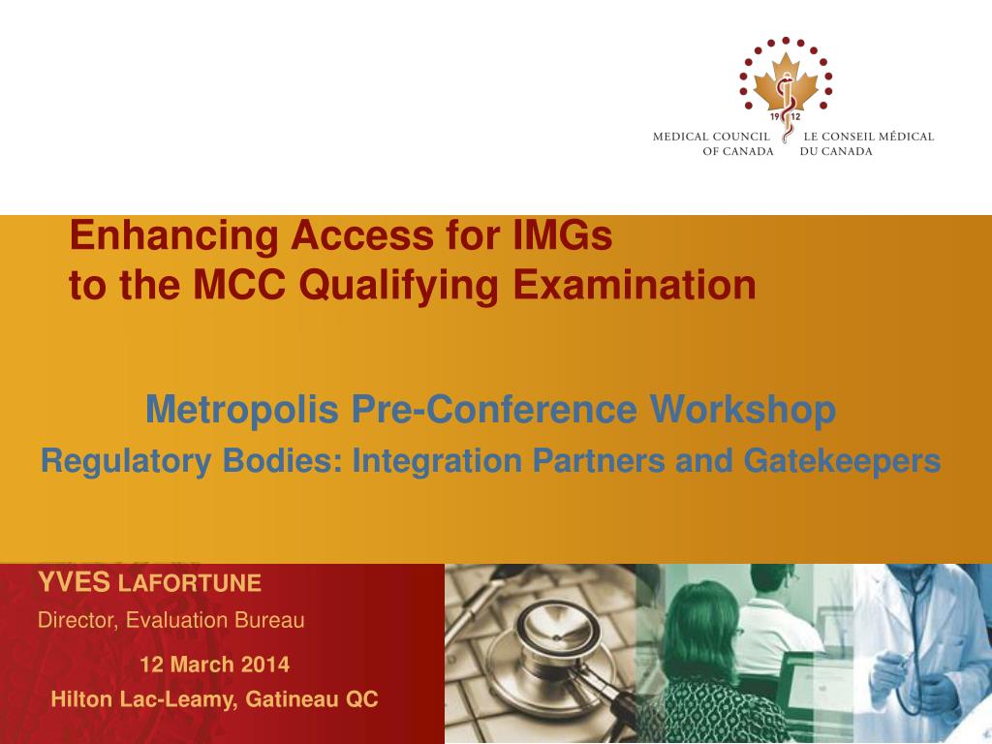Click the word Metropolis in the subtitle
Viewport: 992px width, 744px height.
pos(242,410)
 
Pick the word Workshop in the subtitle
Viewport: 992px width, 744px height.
pos(743,410)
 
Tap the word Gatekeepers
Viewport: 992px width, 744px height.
pos(842,460)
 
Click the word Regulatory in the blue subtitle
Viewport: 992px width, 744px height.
pos(126,462)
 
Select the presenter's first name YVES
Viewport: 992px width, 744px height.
pos(74,582)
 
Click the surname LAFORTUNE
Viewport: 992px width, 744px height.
pos(190,583)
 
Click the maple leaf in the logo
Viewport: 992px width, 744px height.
pos(786,81)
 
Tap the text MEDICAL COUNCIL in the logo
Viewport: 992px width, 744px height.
pos(711,137)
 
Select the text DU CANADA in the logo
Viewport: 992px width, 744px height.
pos(836,152)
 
